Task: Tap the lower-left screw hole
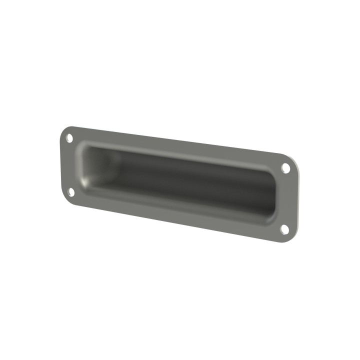click(71, 191)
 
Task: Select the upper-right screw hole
click(285, 168)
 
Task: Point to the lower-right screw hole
click(284, 229)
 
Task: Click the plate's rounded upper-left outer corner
click(63, 129)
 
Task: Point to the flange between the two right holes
click(287, 199)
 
